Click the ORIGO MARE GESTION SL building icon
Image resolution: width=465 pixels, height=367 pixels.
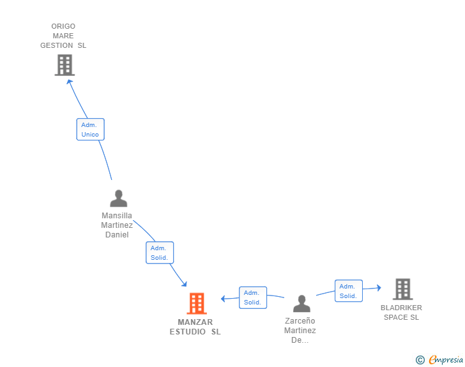[x=65, y=65]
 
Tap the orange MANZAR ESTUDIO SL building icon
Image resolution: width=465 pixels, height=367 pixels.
[x=197, y=304]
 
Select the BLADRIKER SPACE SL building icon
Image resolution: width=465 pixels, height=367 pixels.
[x=402, y=289]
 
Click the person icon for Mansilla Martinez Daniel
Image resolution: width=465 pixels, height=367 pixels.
[x=118, y=198]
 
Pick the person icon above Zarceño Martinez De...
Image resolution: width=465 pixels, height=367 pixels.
[x=301, y=303]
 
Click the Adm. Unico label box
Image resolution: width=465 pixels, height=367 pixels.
[x=90, y=130]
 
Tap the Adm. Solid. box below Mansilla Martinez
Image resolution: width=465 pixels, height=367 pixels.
[x=159, y=253]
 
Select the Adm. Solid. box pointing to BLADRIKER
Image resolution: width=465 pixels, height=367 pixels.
[x=348, y=291]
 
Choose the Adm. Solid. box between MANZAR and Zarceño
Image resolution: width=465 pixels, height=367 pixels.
[x=252, y=297]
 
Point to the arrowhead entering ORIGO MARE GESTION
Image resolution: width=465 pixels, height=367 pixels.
[x=70, y=81]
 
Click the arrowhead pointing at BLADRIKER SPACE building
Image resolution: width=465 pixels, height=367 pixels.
[x=378, y=288]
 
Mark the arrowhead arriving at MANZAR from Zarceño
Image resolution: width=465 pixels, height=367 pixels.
[x=223, y=298]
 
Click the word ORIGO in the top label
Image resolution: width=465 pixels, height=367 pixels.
[x=63, y=26]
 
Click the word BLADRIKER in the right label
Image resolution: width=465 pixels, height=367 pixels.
[x=401, y=308]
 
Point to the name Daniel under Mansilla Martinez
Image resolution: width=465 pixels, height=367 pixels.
[x=117, y=235]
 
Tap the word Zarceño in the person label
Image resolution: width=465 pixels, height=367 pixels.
[x=300, y=321]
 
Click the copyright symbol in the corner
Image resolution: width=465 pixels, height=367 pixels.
[x=420, y=360]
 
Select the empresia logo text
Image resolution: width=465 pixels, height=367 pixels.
[x=446, y=360]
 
